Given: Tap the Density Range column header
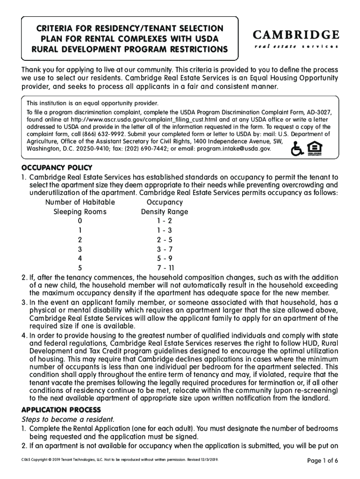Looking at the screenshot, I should [x=165, y=212].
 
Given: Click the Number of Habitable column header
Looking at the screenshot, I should [x=80, y=203].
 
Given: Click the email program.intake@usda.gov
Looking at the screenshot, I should [x=234, y=148].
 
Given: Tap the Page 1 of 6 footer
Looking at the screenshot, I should [x=322, y=461].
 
